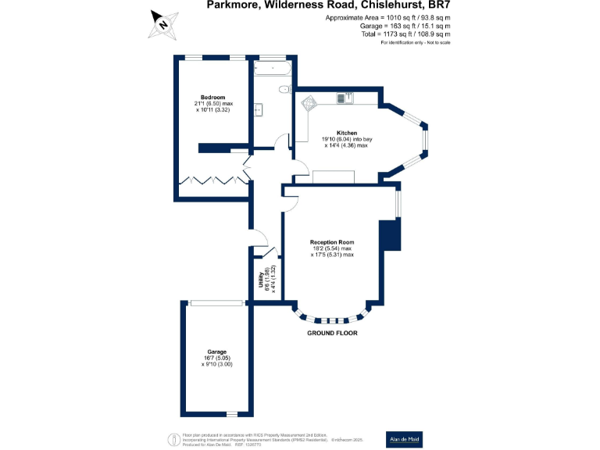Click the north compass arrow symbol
pyautogui.click(x=163, y=23)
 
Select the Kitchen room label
pyautogui.click(x=346, y=133)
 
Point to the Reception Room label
pyautogui.click(x=332, y=242)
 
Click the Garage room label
pyautogui.click(x=216, y=352)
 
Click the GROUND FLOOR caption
pyautogui.click(x=332, y=333)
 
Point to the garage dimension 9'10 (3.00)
pyautogui.click(x=217, y=364)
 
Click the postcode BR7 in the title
pyautogui.click(x=434, y=5)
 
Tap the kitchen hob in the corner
pyautogui.click(x=308, y=102)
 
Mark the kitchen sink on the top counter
pyautogui.click(x=345, y=98)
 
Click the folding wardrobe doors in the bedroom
pyautogui.click(x=210, y=180)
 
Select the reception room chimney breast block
pyautogui.click(x=388, y=236)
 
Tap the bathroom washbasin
pyautogui.click(x=258, y=110)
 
